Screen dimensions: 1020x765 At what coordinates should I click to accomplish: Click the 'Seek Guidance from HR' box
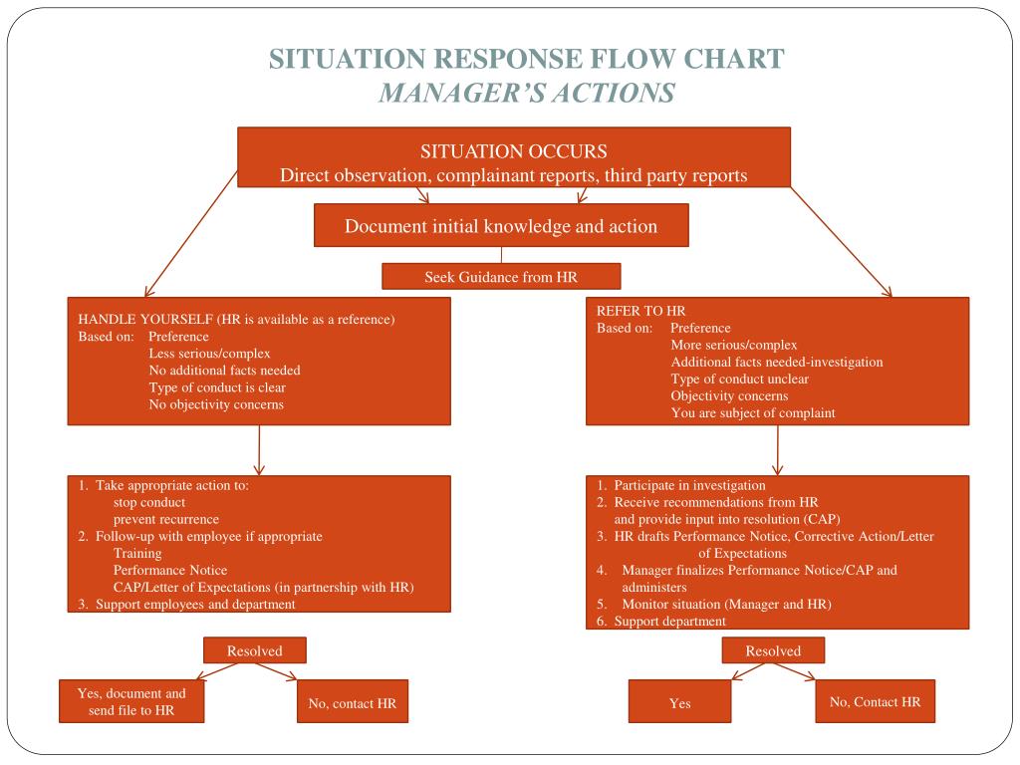click(x=501, y=277)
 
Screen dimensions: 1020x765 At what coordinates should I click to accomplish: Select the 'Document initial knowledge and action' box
click(x=501, y=226)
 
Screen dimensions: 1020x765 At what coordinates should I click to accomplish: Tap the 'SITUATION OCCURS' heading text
click(x=514, y=151)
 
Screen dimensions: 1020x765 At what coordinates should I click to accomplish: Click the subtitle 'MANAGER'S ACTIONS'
click(x=528, y=93)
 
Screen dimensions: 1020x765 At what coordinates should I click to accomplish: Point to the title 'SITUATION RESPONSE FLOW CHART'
click(x=527, y=59)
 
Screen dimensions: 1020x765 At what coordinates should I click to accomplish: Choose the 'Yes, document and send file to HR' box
click(x=131, y=701)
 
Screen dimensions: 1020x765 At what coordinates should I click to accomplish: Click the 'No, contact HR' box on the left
click(x=353, y=701)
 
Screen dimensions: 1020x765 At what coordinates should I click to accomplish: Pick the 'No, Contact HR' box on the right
click(x=875, y=701)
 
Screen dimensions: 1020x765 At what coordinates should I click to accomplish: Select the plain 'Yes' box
click(x=679, y=701)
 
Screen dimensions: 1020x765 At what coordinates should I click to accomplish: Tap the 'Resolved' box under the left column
click(x=254, y=650)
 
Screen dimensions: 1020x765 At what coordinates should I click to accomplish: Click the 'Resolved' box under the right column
click(x=773, y=650)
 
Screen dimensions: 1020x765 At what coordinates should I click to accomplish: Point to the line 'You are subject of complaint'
click(x=753, y=413)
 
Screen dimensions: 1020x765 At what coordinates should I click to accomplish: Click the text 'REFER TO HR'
click(x=641, y=311)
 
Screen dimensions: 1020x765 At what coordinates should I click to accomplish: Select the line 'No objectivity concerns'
click(x=216, y=404)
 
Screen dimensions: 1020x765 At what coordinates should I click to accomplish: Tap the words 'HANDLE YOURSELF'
click(x=145, y=320)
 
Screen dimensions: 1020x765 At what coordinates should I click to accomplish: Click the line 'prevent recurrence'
click(x=166, y=520)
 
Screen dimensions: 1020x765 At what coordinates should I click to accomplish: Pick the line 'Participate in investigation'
click(x=690, y=485)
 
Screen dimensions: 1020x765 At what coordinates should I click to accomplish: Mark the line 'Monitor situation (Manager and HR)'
click(x=726, y=605)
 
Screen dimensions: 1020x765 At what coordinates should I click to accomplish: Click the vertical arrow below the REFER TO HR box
click(x=777, y=450)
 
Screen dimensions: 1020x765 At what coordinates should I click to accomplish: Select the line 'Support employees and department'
click(x=195, y=605)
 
